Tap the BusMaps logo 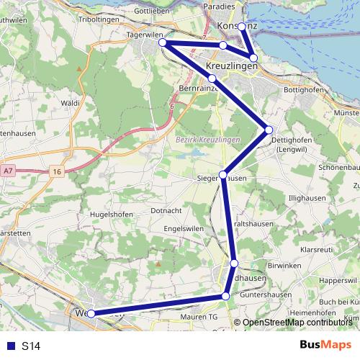click(325, 346)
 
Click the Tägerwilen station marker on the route click(163, 43)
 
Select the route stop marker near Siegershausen click(223, 175)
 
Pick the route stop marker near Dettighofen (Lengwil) click(269, 130)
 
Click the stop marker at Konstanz click(242, 27)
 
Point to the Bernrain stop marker click(212, 78)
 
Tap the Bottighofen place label click(305, 90)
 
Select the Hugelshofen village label click(108, 215)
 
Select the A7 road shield click(8, 171)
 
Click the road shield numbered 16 click(57, 171)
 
